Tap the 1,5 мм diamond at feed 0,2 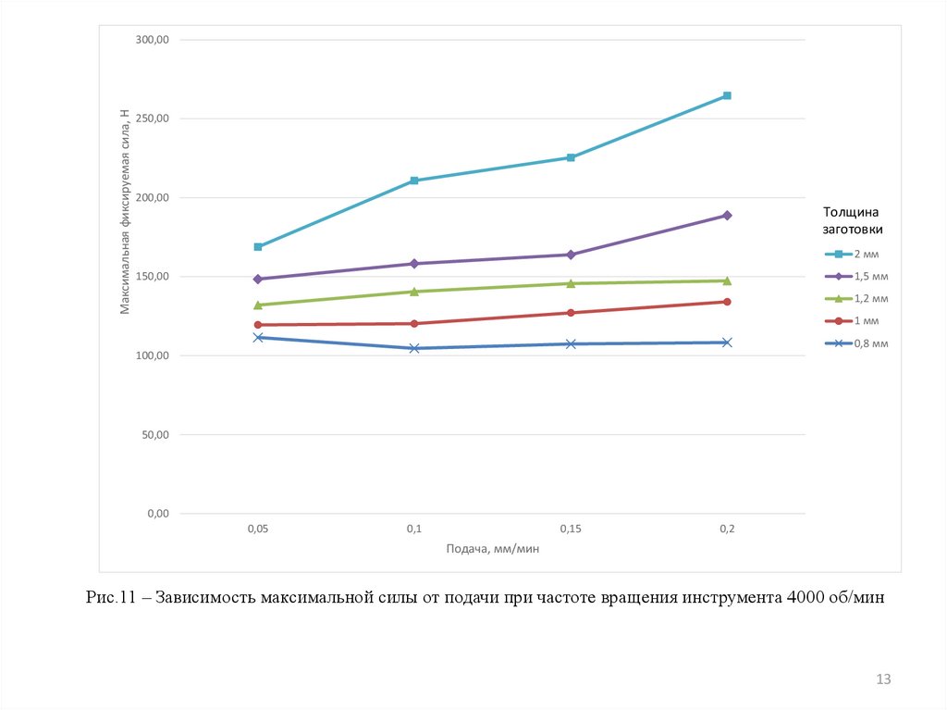point(727,216)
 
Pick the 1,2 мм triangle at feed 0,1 point(414,292)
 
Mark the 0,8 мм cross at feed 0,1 point(414,348)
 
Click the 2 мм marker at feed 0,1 point(414,181)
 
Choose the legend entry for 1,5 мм point(856,276)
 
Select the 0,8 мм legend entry point(856,343)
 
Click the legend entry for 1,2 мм point(856,298)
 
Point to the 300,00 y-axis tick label point(153,40)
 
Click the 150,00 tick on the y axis point(153,277)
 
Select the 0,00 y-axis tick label point(158,514)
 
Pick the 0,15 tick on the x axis point(571,529)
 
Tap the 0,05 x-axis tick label point(258,529)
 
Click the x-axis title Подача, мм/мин point(492,549)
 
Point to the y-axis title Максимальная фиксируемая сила point(125,211)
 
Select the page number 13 point(883,680)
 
